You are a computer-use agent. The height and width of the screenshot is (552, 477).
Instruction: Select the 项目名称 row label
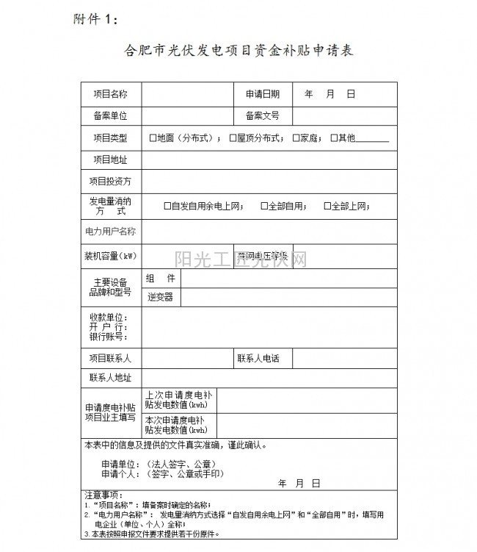pos(111,94)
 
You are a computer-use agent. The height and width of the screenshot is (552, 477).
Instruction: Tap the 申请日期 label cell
pos(263,94)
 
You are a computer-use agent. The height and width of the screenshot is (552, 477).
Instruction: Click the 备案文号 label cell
pos(263,115)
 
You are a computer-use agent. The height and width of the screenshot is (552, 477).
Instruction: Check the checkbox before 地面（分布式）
pos(153,137)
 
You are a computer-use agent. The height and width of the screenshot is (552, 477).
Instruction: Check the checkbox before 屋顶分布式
pos(233,137)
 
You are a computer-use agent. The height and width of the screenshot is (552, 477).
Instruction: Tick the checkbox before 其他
pos(333,137)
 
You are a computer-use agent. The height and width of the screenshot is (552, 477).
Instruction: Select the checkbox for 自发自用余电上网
pos(167,207)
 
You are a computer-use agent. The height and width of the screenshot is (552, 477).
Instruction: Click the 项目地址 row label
pos(111,159)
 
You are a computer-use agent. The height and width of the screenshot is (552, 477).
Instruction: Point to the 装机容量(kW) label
pos(111,256)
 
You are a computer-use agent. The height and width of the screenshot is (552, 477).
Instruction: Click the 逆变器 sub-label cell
pos(160,297)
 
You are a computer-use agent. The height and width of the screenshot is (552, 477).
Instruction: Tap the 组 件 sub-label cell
pos(160,279)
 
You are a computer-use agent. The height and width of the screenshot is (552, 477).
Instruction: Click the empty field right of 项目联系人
pos(187,359)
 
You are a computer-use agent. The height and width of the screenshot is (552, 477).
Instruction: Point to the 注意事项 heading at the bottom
pos(104,495)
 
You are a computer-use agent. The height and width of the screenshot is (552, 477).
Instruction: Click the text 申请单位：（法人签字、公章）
pos(158,465)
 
